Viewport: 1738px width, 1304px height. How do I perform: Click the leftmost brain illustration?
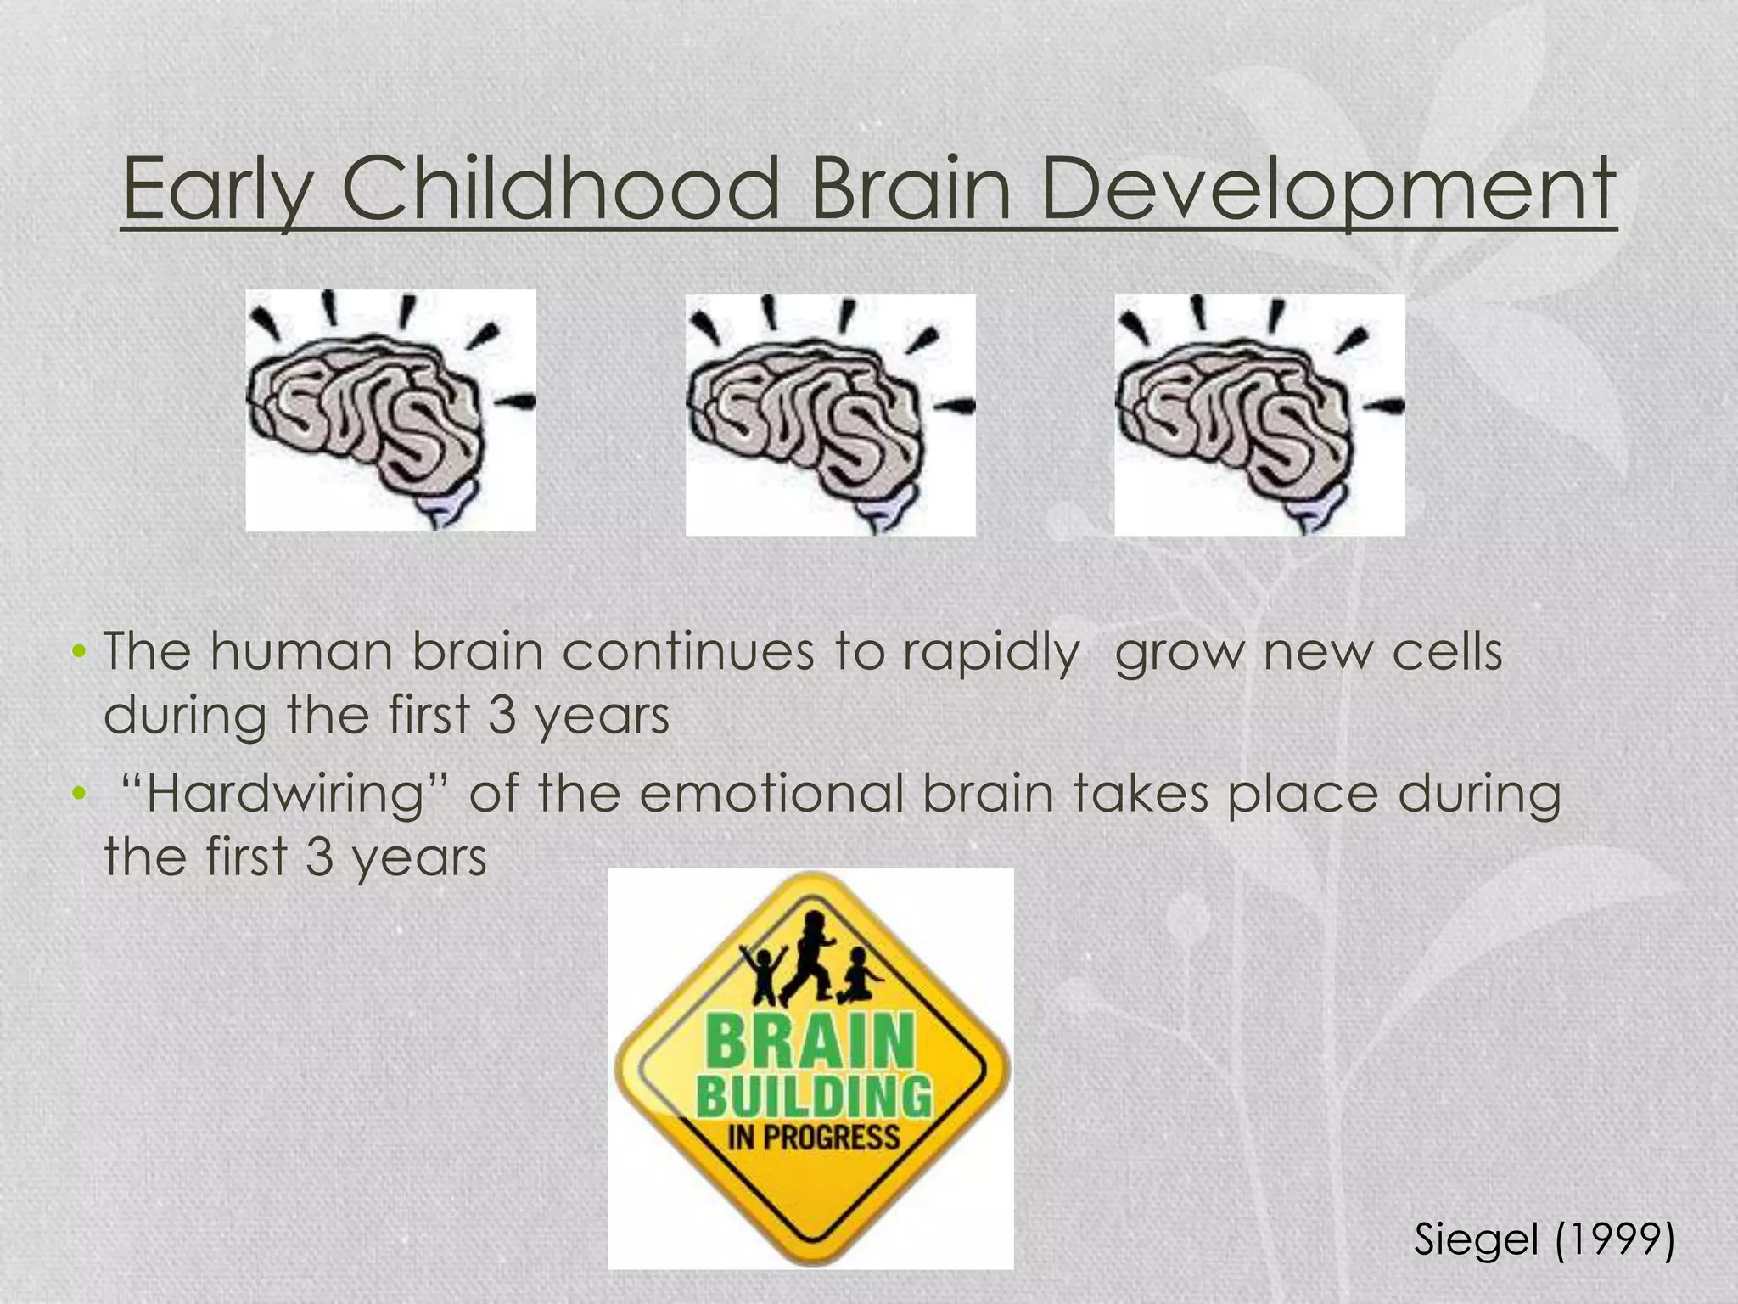[390, 410]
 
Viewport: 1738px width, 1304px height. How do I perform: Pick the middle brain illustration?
[830, 414]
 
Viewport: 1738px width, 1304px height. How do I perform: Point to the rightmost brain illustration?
[1259, 414]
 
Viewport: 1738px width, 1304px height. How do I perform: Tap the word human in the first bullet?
[300, 652]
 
